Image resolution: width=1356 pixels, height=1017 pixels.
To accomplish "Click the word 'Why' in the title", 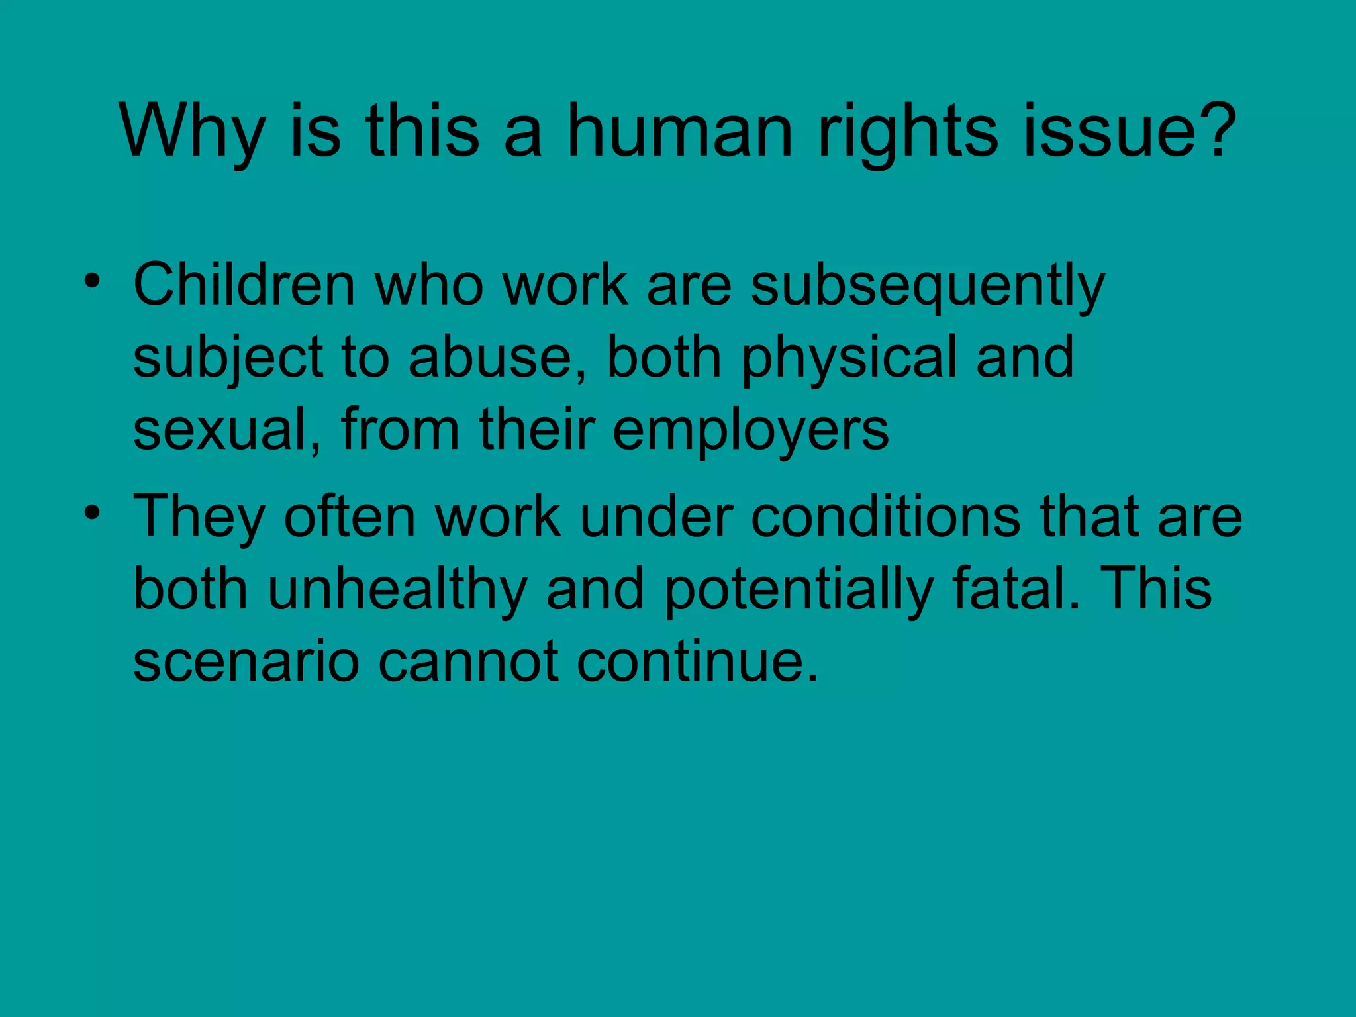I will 193,132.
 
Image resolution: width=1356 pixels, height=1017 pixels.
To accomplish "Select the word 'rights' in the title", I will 908,132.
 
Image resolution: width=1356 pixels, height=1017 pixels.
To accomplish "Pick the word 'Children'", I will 244,285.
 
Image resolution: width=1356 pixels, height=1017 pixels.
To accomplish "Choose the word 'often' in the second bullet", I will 349,516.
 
